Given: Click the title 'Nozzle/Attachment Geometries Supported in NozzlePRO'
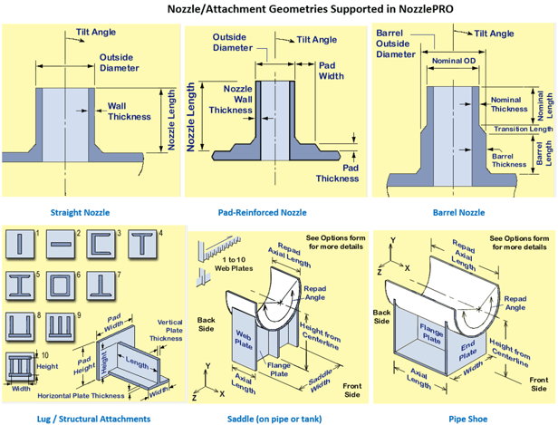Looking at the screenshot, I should click(x=278, y=9).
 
